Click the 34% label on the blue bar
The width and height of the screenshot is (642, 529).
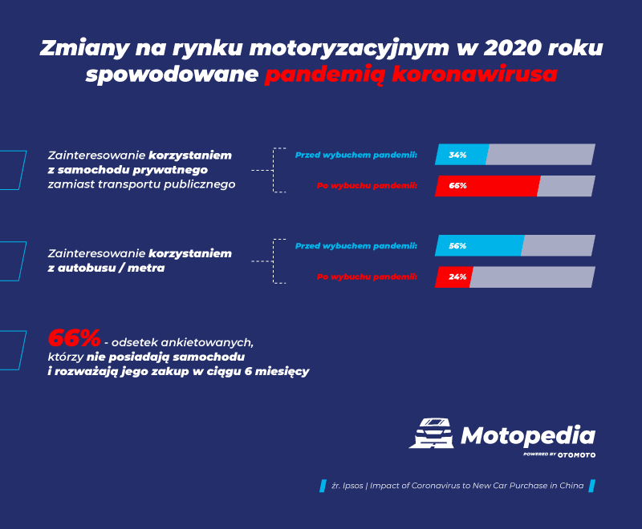point(457,155)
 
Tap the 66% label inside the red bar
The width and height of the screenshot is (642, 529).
point(457,186)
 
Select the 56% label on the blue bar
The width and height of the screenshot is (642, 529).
point(457,246)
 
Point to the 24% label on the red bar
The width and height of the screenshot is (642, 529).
point(457,277)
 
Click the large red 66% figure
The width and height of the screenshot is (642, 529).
point(74,338)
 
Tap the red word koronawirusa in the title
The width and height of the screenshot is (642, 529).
point(474,75)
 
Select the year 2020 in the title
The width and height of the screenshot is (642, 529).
point(513,48)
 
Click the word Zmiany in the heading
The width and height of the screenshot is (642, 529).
point(84,48)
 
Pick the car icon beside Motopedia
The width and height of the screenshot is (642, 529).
point(432,434)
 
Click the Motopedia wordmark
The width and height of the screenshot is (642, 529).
point(528,436)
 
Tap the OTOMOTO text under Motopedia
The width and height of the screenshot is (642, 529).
point(576,455)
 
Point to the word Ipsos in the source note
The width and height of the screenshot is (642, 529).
point(353,486)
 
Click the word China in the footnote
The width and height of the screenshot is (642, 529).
point(571,486)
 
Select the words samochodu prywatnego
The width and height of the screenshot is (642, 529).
point(132,170)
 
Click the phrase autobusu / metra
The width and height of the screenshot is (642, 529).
point(111,269)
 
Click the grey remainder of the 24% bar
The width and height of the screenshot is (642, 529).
point(532,277)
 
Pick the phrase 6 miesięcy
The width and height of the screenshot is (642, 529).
point(277,372)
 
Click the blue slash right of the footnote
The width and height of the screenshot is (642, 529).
point(591,486)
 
